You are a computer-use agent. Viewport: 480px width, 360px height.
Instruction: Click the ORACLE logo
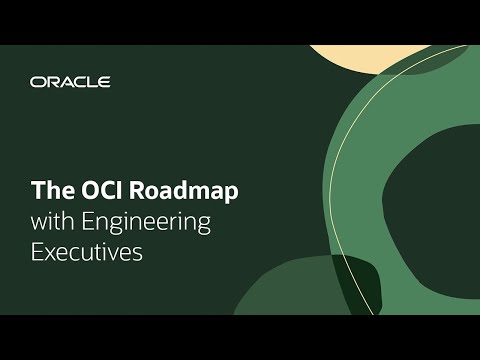[x=70, y=82]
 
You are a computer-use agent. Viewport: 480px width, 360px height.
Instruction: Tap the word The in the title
[x=48, y=190]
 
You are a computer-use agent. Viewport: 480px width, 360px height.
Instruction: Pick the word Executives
[x=87, y=252]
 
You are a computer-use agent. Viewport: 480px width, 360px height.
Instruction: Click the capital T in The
[x=36, y=190]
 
